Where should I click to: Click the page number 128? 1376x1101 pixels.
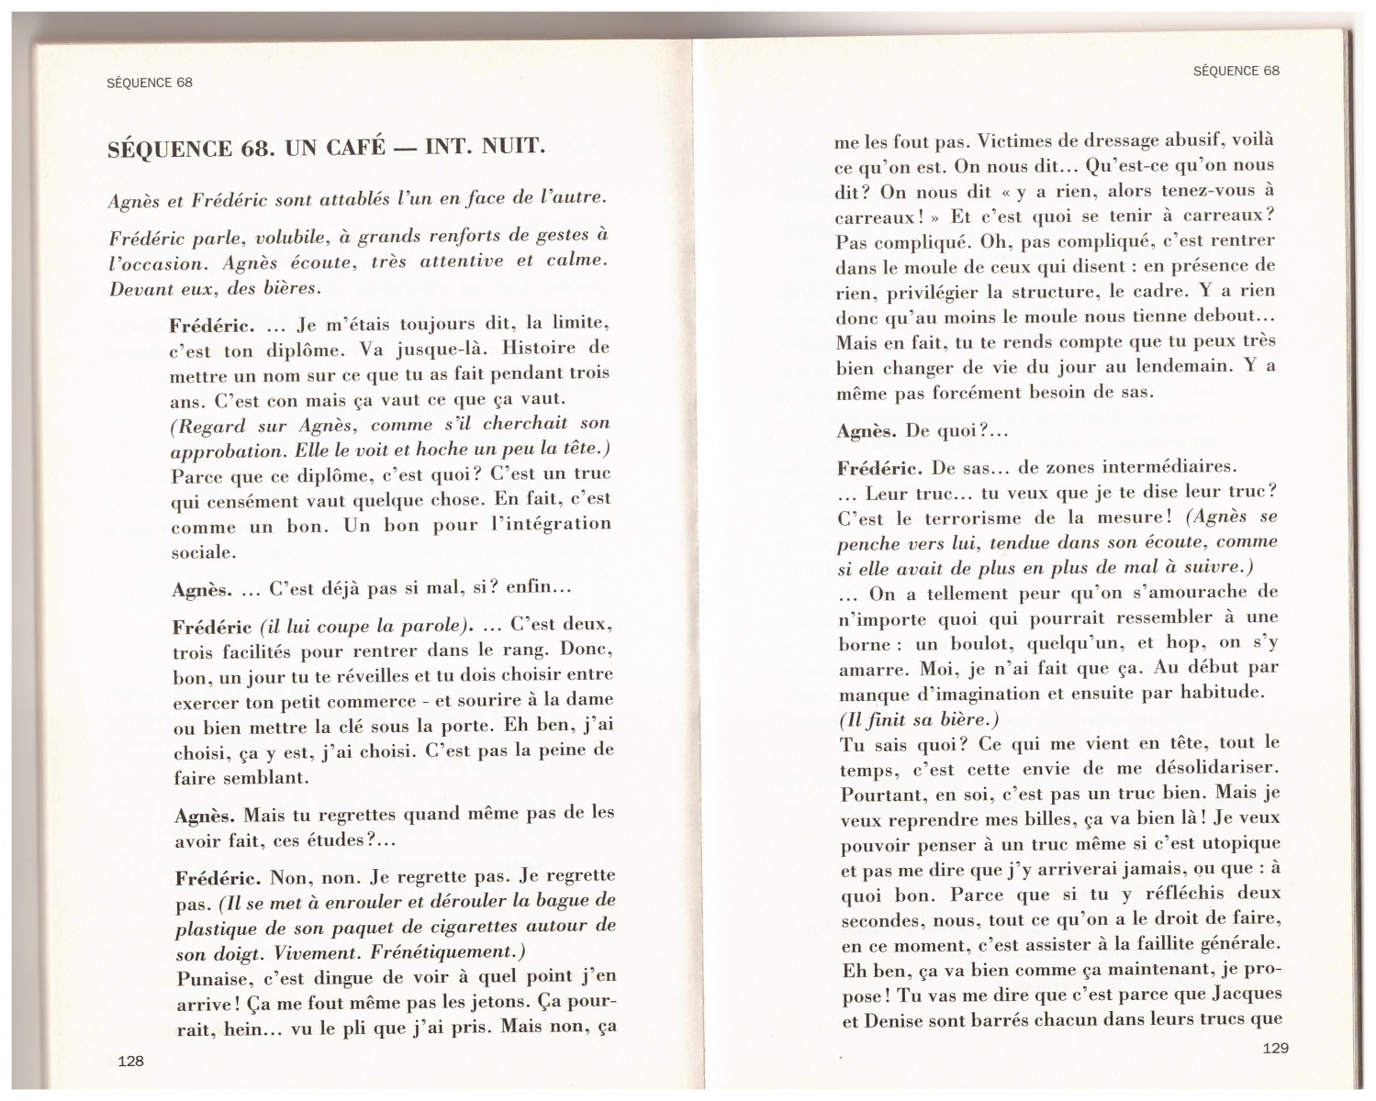pos(131,1061)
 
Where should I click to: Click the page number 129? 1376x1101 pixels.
pos(1275,1048)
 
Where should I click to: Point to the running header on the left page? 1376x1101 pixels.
pos(150,83)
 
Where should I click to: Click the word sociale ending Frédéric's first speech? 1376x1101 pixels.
pos(203,552)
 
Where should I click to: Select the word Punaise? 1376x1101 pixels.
pos(212,976)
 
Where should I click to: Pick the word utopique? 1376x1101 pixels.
pos(1237,842)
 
